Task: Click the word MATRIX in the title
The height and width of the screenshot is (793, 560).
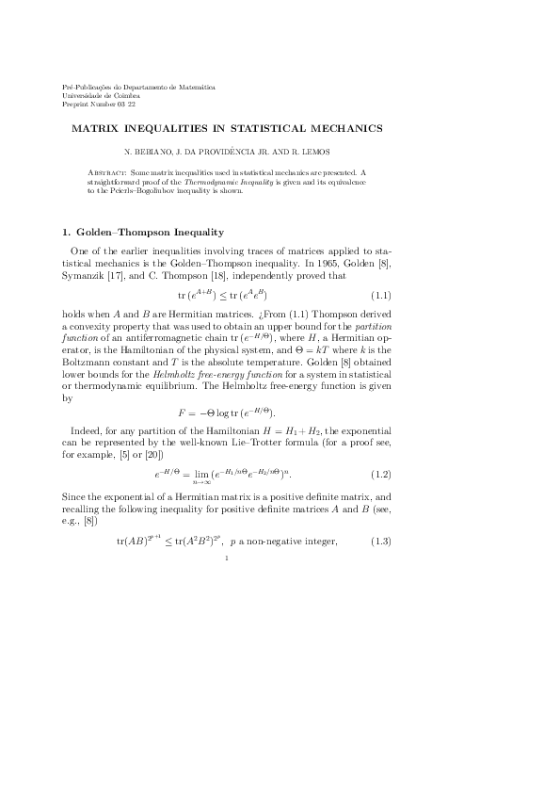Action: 94,126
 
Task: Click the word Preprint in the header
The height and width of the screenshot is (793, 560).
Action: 75,103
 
